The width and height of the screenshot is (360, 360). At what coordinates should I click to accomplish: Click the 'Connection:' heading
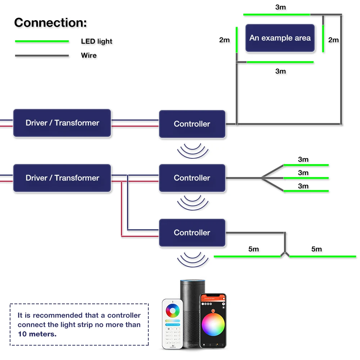(x=50, y=23)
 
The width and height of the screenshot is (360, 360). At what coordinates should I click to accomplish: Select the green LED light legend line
(x=42, y=41)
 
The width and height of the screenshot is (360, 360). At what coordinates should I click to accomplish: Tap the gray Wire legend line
(x=42, y=56)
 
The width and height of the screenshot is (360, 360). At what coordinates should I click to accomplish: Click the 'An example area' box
(x=280, y=38)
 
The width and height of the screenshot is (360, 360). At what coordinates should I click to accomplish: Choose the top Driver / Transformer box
(x=62, y=123)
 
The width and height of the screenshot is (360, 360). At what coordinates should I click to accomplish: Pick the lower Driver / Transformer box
(x=62, y=178)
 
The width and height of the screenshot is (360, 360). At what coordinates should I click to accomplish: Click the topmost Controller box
(x=192, y=124)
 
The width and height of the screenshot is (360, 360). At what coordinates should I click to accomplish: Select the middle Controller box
(x=192, y=178)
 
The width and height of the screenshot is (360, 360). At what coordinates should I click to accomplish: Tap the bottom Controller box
(x=192, y=233)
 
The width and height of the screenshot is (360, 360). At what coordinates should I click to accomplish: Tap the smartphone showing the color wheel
(x=213, y=320)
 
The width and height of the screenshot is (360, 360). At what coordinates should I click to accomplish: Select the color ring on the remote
(x=173, y=311)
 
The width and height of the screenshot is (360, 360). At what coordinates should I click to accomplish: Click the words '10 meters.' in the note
(x=37, y=334)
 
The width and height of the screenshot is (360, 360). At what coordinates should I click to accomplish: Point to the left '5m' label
(x=253, y=249)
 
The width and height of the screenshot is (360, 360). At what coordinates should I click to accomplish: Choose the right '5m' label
(x=316, y=249)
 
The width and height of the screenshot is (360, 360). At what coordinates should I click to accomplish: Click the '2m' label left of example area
(x=224, y=40)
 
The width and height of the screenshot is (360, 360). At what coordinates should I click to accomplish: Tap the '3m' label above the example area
(x=280, y=7)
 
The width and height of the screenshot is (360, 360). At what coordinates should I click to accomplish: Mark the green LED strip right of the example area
(x=323, y=39)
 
